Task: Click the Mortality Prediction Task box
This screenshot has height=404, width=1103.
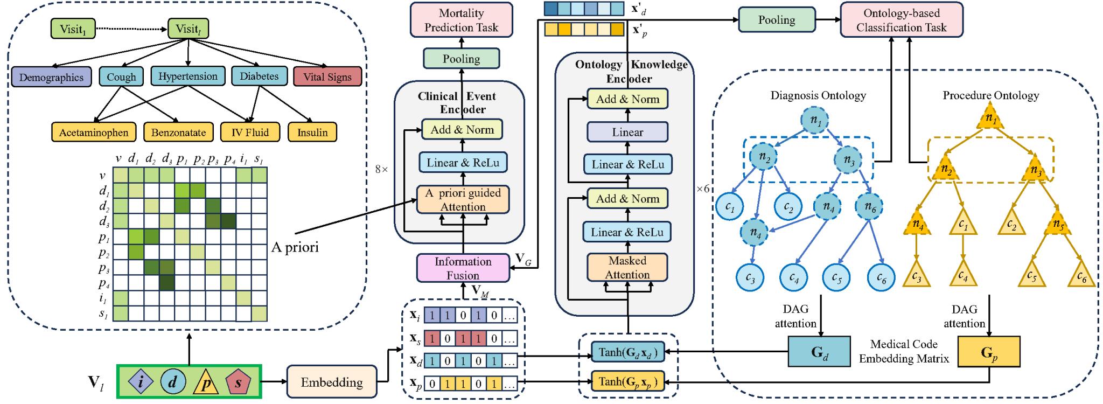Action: (x=461, y=20)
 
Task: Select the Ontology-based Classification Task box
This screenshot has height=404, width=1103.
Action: (x=901, y=20)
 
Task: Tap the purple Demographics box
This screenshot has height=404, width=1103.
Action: (x=51, y=77)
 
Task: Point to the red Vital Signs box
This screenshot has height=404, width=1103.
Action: (x=327, y=77)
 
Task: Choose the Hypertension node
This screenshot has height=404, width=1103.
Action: (x=188, y=76)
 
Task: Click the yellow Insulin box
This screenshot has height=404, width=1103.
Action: (x=312, y=132)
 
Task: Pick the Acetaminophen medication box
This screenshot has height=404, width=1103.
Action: (x=94, y=132)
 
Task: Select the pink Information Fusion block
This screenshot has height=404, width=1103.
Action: (x=463, y=268)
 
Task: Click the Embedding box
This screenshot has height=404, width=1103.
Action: (x=331, y=383)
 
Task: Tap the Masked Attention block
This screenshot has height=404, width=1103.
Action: (x=627, y=268)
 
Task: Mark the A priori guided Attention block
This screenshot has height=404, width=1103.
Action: (x=463, y=200)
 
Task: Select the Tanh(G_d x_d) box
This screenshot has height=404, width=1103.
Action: (x=627, y=352)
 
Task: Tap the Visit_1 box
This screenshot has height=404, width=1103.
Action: (x=73, y=29)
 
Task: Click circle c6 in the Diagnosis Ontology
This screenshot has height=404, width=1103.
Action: (x=881, y=277)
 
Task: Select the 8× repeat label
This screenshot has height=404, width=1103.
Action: (x=381, y=169)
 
